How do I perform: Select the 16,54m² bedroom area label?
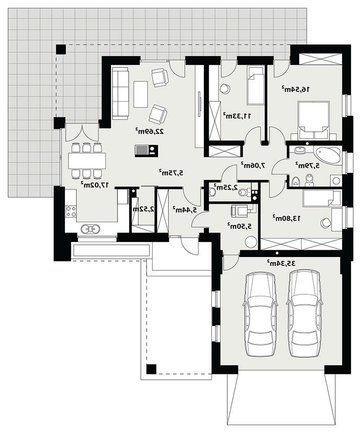[x=296, y=89]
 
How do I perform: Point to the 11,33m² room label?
[x=237, y=116]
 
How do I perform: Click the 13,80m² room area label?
[x=287, y=218]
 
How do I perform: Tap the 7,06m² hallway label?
[x=254, y=165]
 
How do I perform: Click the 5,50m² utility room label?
[x=240, y=226]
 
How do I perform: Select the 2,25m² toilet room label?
[x=226, y=187]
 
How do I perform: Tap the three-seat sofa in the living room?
[x=120, y=93]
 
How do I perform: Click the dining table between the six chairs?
[x=87, y=161]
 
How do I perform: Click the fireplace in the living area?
[x=146, y=151]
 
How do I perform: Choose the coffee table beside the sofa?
[x=140, y=94]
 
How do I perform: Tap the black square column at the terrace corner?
[x=61, y=49]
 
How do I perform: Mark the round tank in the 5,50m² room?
[x=251, y=242]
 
